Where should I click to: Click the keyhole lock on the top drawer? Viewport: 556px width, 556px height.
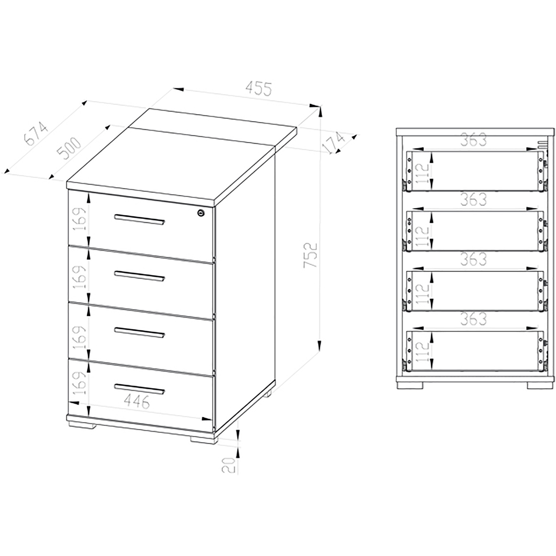pos(201,213)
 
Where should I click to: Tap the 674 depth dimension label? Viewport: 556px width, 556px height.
pos(36,133)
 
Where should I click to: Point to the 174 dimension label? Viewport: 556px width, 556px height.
pos(334,143)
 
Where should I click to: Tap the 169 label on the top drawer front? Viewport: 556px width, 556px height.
pos(80,219)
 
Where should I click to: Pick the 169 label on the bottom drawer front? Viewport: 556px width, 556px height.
pos(80,383)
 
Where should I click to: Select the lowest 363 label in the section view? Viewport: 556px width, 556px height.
pos(473,319)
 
